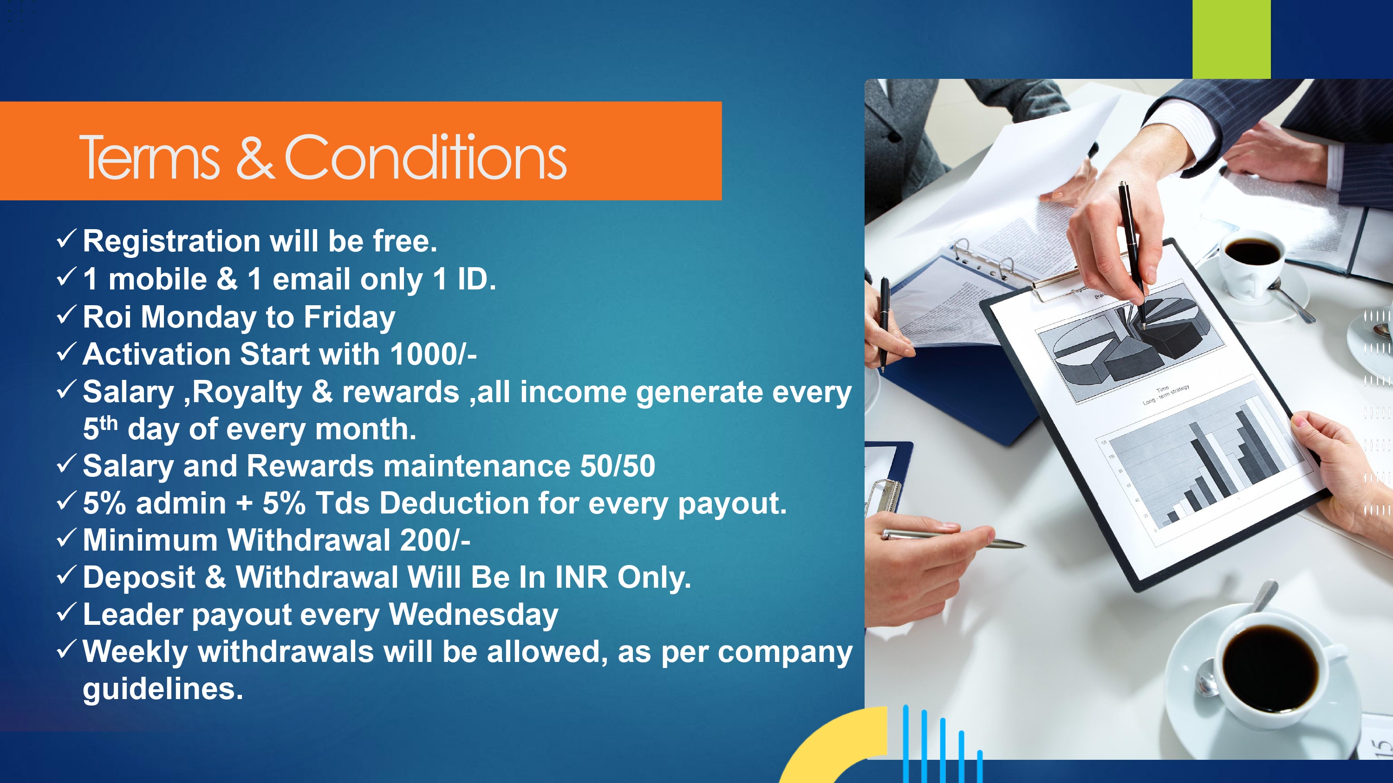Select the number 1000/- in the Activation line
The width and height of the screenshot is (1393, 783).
(433, 354)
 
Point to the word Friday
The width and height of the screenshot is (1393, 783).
(349, 318)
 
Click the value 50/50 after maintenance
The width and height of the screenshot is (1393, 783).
(618, 466)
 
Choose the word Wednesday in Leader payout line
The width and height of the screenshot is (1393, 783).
(473, 615)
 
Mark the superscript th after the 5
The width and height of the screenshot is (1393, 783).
(109, 423)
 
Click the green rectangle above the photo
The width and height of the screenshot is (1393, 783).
(1231, 39)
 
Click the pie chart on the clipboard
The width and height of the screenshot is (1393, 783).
(1125, 338)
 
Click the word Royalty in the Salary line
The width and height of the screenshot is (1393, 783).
(247, 392)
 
